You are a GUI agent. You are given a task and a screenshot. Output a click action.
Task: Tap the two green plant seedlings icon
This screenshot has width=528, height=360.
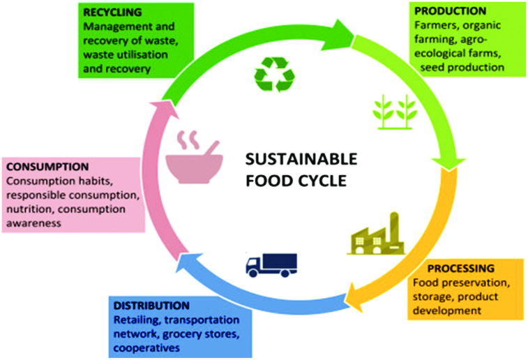(394, 111)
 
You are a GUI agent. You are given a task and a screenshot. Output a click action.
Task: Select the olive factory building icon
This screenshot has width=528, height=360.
(376, 234)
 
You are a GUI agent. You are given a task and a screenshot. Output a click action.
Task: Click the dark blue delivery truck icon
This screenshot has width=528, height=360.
(271, 264)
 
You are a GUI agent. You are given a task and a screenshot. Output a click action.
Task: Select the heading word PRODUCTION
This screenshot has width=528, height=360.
(451, 11)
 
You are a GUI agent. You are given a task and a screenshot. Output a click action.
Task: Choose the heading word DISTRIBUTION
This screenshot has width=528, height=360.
(151, 306)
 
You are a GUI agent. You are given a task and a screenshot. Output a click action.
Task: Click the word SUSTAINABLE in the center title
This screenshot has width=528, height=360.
(301, 158)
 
